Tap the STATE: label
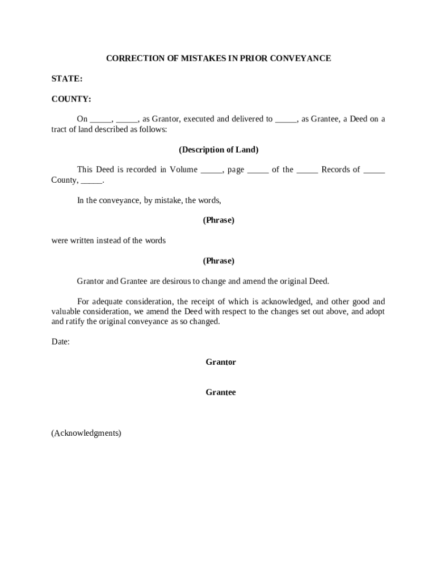pyautogui.click(x=67, y=79)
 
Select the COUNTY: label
pyautogui.click(x=72, y=99)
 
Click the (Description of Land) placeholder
pyautogui.click(x=218, y=150)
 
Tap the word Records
pyautogui.click(x=341, y=170)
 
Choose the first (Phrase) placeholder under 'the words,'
pyautogui.click(x=218, y=220)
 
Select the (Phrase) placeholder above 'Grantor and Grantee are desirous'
pyautogui.click(x=218, y=261)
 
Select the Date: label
pyautogui.click(x=61, y=342)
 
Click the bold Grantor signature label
pyautogui.click(x=221, y=362)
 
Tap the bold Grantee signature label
pyautogui.click(x=221, y=392)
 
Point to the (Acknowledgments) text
pyautogui.click(x=86, y=433)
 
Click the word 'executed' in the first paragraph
pyautogui.click(x=199, y=119)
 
